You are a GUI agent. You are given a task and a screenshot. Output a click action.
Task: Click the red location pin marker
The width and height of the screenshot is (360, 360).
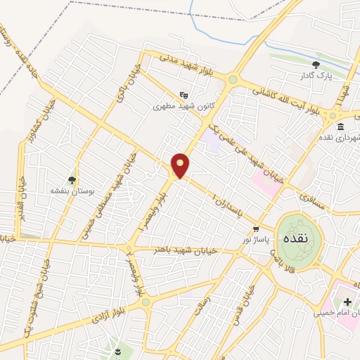pyautogui.click(x=181, y=165)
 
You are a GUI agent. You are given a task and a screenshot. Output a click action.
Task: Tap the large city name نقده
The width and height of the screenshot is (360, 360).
pyautogui.click(x=294, y=238)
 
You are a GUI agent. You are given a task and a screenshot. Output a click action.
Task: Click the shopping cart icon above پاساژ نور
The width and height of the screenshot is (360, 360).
pyautogui.click(x=255, y=229)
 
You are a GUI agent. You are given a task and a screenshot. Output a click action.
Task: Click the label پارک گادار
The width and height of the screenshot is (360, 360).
pyautogui.click(x=316, y=75)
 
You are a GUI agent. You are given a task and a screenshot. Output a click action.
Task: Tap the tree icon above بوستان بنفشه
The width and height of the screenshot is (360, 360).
pyautogui.click(x=72, y=180)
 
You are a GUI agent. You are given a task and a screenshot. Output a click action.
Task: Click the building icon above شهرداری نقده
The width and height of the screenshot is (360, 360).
pyautogui.click(x=340, y=127)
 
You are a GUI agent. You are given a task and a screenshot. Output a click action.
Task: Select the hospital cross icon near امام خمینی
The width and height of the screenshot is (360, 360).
pyautogui.click(x=347, y=302)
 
